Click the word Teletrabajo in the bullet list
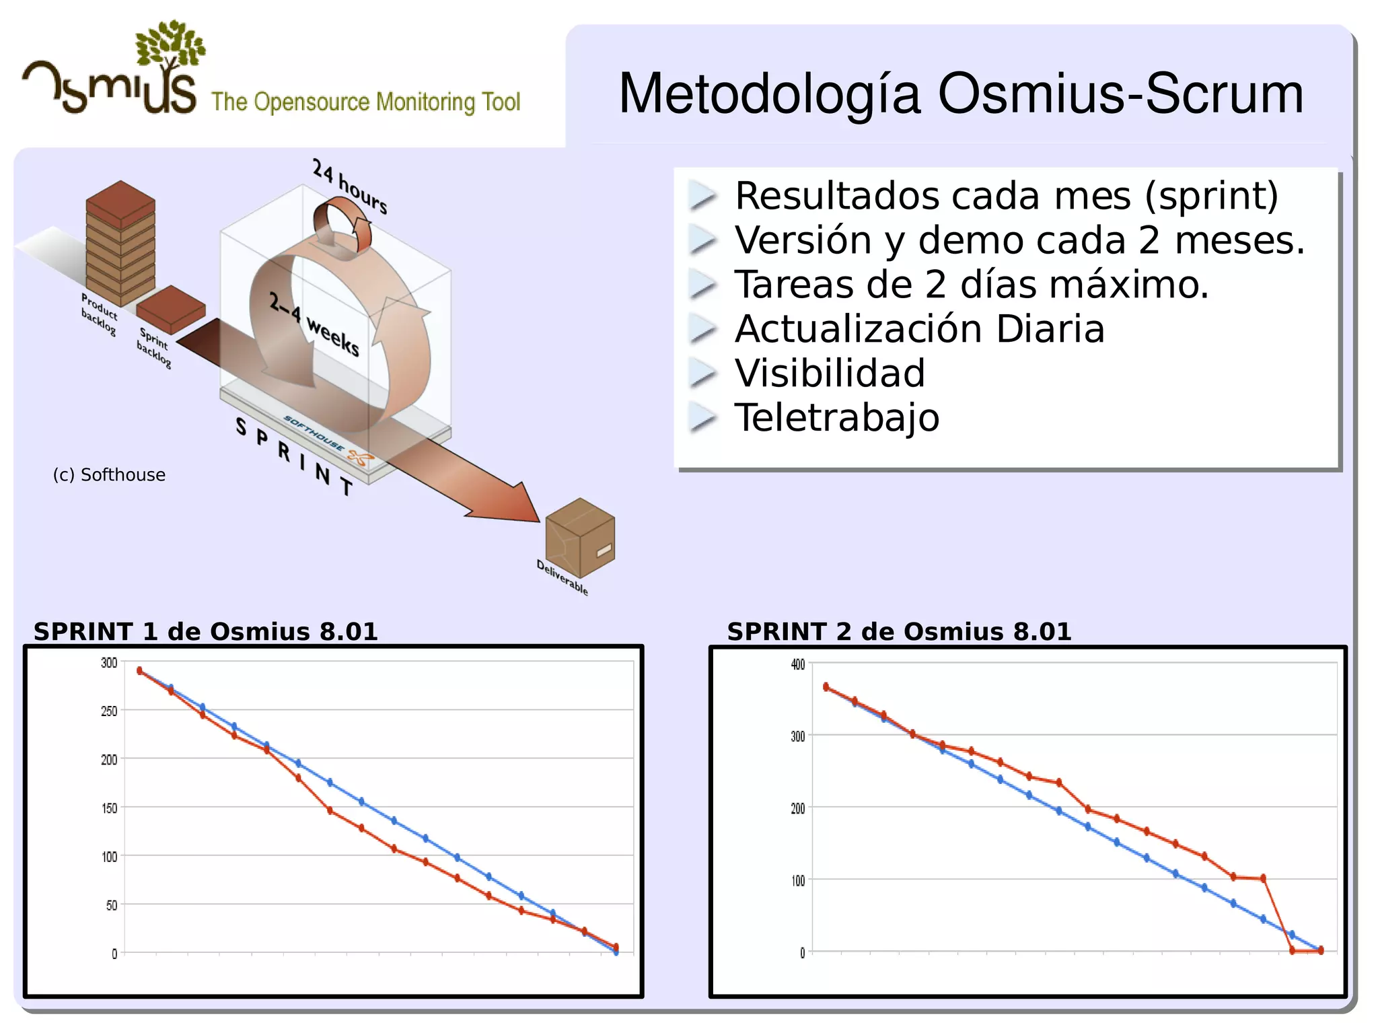(836, 418)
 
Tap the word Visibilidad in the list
(830, 373)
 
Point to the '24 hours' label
(350, 186)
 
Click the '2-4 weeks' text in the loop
(314, 324)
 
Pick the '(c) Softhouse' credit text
(109, 475)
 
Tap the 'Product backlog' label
(99, 314)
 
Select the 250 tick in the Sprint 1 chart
(109, 711)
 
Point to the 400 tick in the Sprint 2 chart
(797, 665)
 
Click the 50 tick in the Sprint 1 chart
(112, 905)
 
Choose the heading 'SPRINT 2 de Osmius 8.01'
(899, 632)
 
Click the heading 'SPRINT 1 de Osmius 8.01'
(206, 632)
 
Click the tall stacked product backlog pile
(120, 242)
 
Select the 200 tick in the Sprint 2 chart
(797, 808)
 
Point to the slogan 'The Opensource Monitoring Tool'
(366, 102)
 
